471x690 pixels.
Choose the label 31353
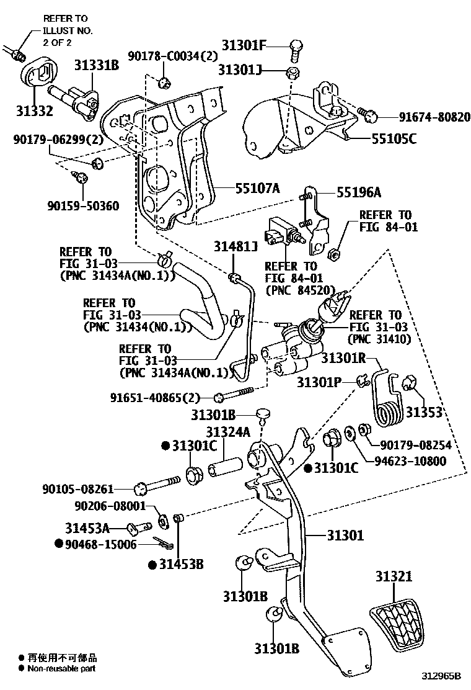point(425,413)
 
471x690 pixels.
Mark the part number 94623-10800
point(410,460)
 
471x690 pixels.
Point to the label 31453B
point(182,565)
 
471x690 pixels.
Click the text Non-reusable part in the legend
point(61,668)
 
